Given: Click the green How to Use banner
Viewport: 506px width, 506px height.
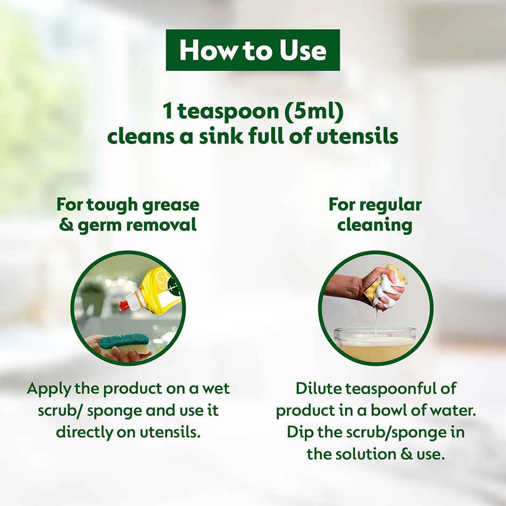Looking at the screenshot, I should [252, 50].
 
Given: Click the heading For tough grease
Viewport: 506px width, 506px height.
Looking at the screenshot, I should [128, 205].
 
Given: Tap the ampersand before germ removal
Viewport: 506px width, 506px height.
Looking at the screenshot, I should [66, 225].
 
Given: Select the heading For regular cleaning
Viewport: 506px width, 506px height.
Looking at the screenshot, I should [375, 215].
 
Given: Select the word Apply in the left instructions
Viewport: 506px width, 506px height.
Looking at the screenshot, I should [48, 389].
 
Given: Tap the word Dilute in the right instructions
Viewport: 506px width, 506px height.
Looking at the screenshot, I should [319, 389].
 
